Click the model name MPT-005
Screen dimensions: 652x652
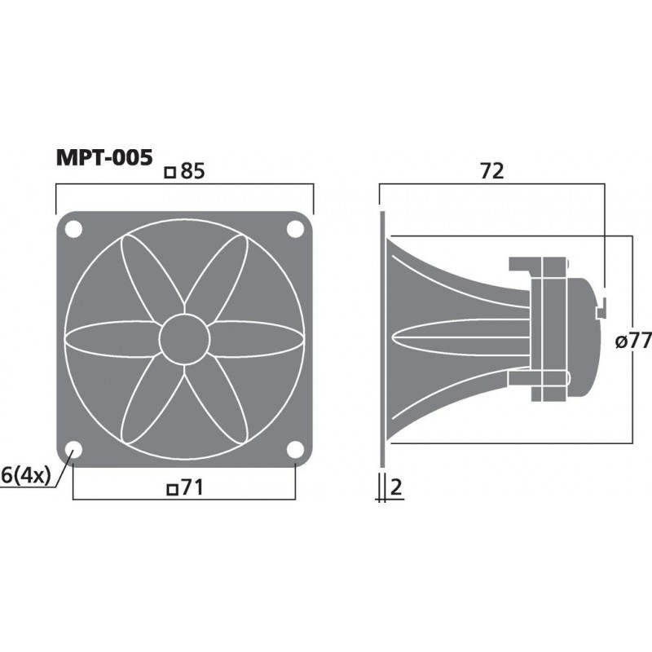(x=103, y=156)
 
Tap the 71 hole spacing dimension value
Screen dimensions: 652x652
(x=191, y=487)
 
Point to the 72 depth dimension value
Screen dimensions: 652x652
(x=492, y=171)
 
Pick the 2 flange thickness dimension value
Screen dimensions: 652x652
(x=397, y=487)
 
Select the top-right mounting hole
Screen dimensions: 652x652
(x=293, y=230)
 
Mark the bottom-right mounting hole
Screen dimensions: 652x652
(x=293, y=448)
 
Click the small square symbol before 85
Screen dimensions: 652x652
(x=170, y=173)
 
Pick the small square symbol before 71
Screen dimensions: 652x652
(x=171, y=489)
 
